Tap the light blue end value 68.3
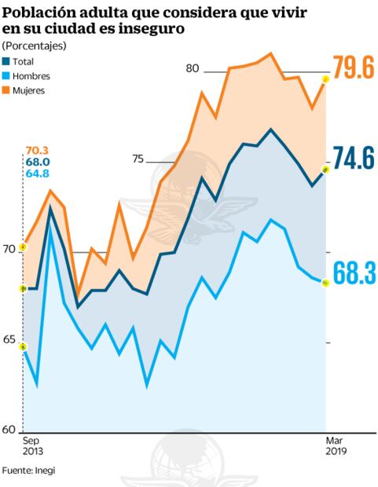[x=352, y=273]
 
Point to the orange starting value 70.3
[x=37, y=151]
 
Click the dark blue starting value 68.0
[x=37, y=162]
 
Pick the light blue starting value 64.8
[x=37, y=173]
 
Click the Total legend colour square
[x=7, y=61]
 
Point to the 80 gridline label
[x=193, y=68]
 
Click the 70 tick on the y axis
[x=9, y=250]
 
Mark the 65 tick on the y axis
[x=9, y=340]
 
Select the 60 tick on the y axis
[x=9, y=430]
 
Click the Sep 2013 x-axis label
[x=33, y=447]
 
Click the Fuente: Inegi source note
[x=28, y=471]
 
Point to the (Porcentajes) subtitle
[x=35, y=45]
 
